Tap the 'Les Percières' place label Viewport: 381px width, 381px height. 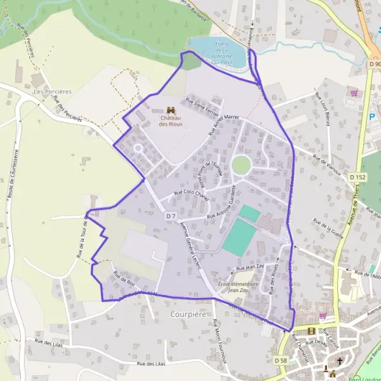pyautogui.click(x=53, y=91)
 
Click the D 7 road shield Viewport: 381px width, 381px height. pyautogui.click(x=170, y=216)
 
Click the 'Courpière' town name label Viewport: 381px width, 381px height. pyautogui.click(x=189, y=314)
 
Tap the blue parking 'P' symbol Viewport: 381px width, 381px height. pyautogui.click(x=372, y=116)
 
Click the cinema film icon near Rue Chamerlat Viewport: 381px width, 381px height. pyautogui.click(x=311, y=331)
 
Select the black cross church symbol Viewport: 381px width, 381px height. pyautogui.click(x=340, y=361)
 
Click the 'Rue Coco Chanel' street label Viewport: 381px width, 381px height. pyautogui.click(x=191, y=192)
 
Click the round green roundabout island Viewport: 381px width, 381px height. pyautogui.click(x=241, y=165)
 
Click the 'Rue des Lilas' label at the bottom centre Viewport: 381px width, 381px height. pyautogui.click(x=151, y=363)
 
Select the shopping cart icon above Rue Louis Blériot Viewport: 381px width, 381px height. pyautogui.click(x=354, y=93)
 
